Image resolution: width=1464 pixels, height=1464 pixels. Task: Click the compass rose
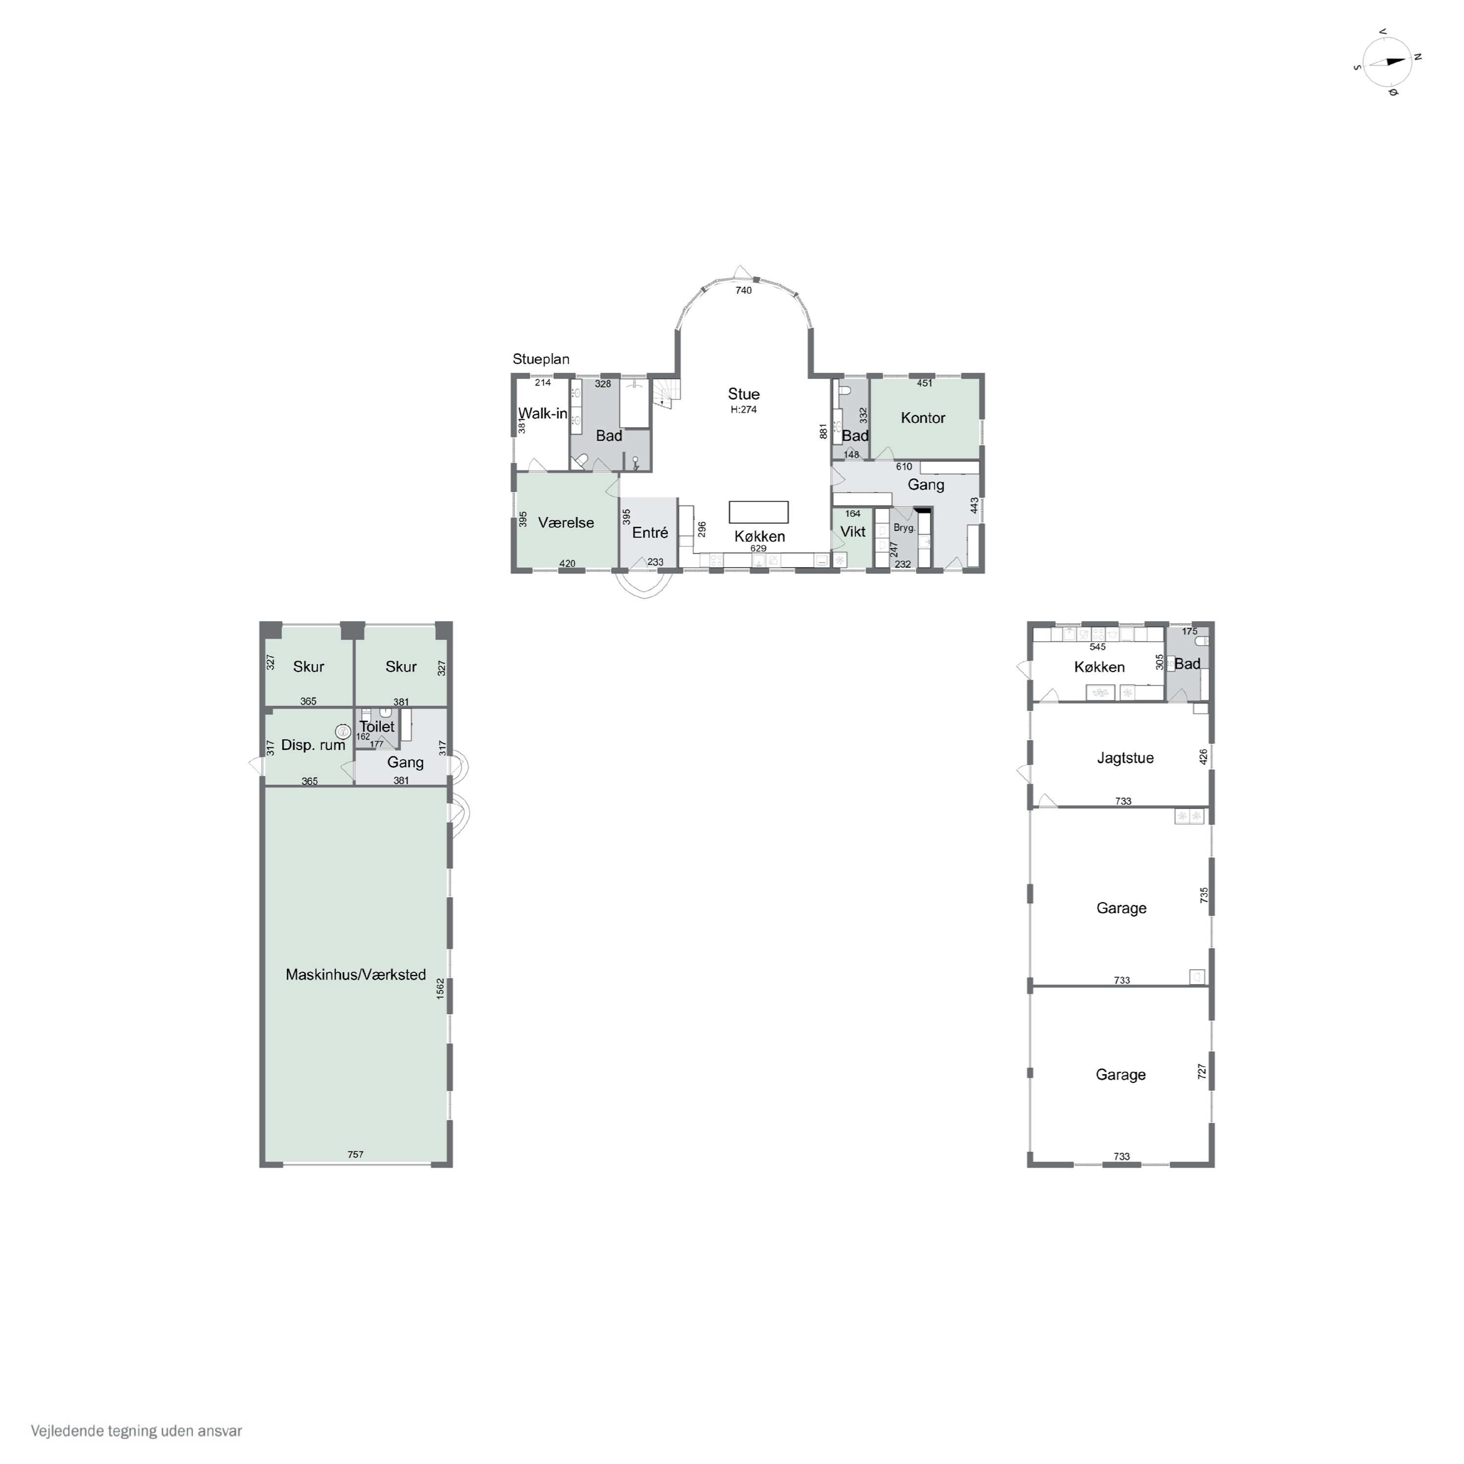[x=1387, y=62]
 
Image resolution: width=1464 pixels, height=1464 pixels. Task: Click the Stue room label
[x=743, y=394]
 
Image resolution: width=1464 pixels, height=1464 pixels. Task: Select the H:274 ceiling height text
[x=743, y=410]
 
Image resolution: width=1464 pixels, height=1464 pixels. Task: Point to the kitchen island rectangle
[x=758, y=512]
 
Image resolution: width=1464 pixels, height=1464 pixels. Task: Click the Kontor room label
[x=923, y=418]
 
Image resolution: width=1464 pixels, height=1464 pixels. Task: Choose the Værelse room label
[x=566, y=523]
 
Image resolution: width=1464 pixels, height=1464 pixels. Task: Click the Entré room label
[x=650, y=533]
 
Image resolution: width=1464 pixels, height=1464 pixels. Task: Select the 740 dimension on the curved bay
[x=743, y=291]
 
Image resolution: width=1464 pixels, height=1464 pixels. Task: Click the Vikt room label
[x=852, y=532]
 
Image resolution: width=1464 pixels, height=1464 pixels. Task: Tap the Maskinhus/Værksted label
[x=355, y=975]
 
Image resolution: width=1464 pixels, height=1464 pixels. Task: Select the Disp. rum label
[x=313, y=745]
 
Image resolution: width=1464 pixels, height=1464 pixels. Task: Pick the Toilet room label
[x=377, y=727]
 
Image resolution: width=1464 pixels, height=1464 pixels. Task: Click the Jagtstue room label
[x=1125, y=758]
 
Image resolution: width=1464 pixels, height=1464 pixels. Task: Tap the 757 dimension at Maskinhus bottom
[x=355, y=1155]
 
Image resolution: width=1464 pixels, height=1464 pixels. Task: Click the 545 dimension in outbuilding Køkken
[x=1097, y=647]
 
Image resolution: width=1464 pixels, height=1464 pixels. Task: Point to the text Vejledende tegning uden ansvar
[x=137, y=1431]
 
